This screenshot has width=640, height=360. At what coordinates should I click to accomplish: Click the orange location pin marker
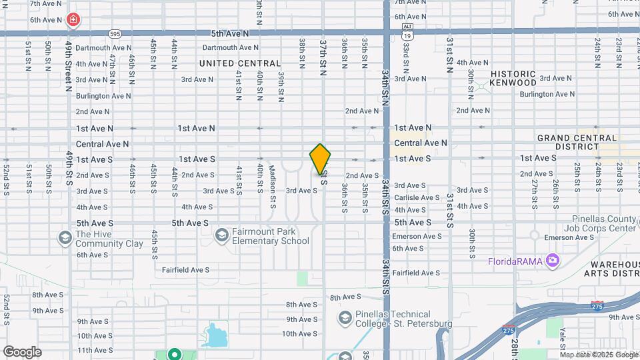pos(320,159)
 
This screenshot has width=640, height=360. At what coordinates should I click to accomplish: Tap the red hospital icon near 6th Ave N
pos(73,20)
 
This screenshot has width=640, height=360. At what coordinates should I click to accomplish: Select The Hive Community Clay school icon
pos(65,237)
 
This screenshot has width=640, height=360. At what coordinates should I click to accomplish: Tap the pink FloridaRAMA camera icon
pos(552,260)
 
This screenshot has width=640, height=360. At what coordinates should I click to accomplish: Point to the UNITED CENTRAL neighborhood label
pos(240,63)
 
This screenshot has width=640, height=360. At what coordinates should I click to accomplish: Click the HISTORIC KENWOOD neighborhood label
pos(513,78)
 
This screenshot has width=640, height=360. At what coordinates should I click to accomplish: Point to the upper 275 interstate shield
pos(597,305)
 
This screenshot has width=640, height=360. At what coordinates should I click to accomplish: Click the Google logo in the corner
pos(22,352)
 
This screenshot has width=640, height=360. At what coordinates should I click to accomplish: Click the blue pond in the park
pos(215,335)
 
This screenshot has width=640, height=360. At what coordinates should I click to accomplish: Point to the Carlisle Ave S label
pos(417,198)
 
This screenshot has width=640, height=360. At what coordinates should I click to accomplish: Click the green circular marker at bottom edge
pos(175,355)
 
